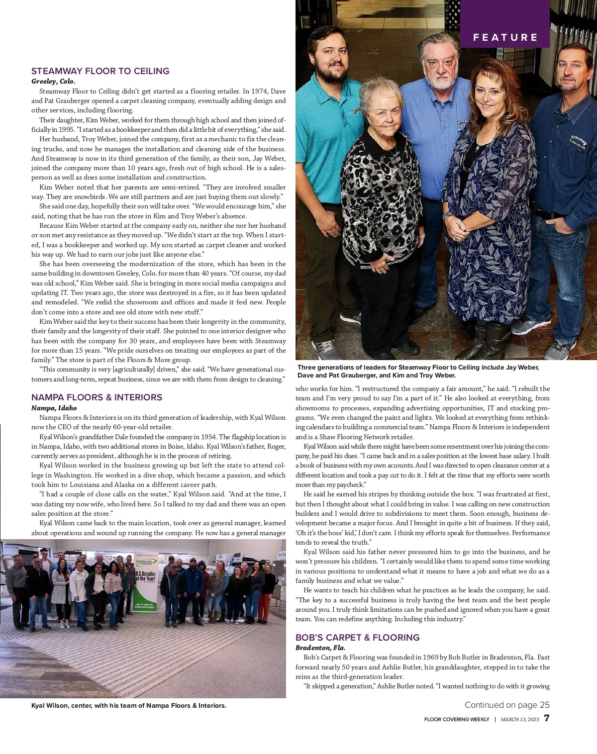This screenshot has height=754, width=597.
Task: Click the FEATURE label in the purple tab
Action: (x=505, y=37)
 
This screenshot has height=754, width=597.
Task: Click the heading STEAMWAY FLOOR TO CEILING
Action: (x=100, y=71)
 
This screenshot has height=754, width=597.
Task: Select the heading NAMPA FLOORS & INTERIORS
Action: (x=97, y=397)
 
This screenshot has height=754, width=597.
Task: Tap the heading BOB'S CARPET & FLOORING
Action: (x=358, y=638)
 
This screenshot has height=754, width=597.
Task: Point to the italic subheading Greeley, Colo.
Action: (x=54, y=81)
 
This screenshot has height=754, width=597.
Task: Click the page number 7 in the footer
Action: (x=546, y=719)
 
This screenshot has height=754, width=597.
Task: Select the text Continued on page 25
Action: (x=507, y=705)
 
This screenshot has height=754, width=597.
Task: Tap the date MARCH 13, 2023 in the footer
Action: (x=520, y=719)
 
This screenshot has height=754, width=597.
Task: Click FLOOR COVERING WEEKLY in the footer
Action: (x=457, y=719)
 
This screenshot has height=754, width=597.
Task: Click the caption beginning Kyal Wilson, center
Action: (x=129, y=706)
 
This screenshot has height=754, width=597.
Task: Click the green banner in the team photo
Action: (x=145, y=584)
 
